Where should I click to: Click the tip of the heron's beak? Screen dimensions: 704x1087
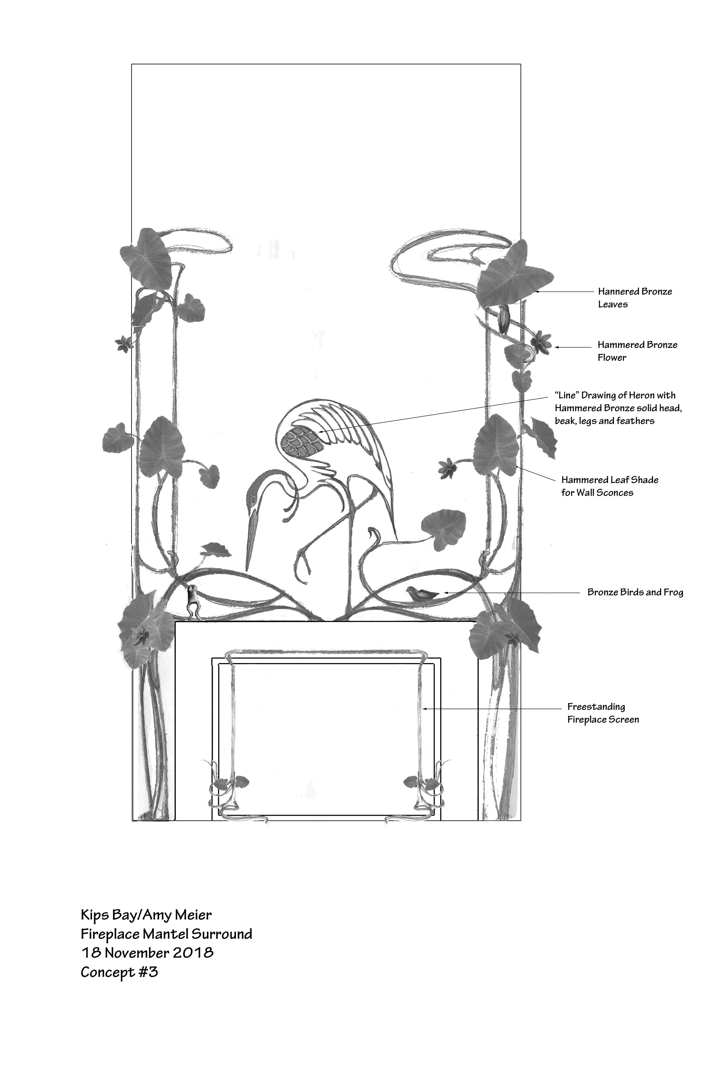[247, 571]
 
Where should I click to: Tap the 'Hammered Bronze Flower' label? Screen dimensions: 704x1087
[637, 351]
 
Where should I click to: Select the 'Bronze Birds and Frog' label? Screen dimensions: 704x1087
[634, 592]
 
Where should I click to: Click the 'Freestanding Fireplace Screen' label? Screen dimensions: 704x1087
[603, 713]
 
